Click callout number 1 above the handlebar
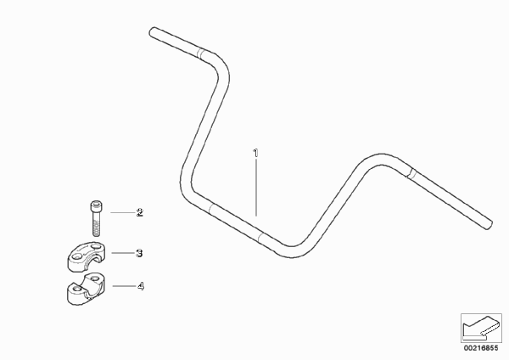pyautogui.click(x=256, y=154)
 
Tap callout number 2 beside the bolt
pyautogui.click(x=140, y=213)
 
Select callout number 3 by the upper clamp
pyautogui.click(x=139, y=253)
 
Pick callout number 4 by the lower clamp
pyautogui.click(x=140, y=286)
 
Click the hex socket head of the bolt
pyautogui.click(x=95, y=205)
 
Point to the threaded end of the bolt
pyautogui.click(x=96, y=228)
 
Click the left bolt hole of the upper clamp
pyautogui.click(x=77, y=256)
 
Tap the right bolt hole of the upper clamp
pyautogui.click(x=96, y=247)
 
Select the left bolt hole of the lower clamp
pyautogui.click(x=76, y=289)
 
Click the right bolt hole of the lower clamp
pyautogui.click(x=94, y=278)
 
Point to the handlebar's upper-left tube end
pyautogui.click(x=152, y=32)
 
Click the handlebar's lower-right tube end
pyautogui.click(x=489, y=225)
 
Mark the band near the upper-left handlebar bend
pyautogui.click(x=202, y=54)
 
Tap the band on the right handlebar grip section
pyautogui.click(x=411, y=173)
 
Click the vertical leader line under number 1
pyautogui.click(x=256, y=188)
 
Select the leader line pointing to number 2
pyautogui.click(x=123, y=212)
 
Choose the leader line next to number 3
pyautogui.click(x=123, y=253)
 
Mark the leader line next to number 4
pyautogui.click(x=124, y=286)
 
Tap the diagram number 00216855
pyautogui.click(x=481, y=348)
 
